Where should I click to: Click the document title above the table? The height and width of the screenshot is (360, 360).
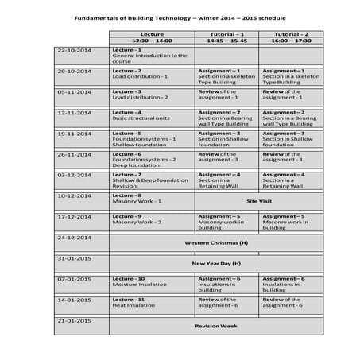179,17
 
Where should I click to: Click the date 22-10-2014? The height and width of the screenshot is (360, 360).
74,50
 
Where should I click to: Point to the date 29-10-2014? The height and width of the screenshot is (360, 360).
74,71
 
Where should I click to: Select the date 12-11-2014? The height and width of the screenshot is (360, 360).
74,112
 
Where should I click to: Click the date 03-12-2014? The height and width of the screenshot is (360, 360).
74,174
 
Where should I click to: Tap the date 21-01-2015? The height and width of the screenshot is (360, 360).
74,320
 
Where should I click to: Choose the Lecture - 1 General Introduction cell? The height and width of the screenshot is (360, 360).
151,56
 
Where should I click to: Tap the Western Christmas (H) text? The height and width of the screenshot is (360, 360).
216,242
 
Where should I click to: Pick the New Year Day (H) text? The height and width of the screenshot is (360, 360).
216,263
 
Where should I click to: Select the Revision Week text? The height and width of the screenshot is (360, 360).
216,326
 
